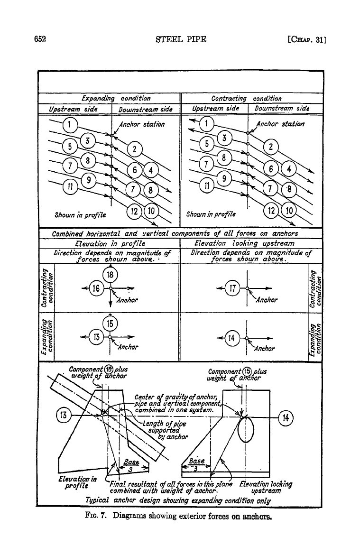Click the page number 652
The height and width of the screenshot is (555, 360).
tap(40, 39)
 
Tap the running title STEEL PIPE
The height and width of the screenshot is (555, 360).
tap(181, 39)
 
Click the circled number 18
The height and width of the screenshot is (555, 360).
tap(110, 275)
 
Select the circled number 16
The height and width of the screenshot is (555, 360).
tap(96, 288)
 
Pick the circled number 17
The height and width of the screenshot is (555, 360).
tap(232, 288)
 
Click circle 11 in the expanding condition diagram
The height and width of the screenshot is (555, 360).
tap(70, 186)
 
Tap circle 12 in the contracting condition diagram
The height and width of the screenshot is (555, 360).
tap(271, 211)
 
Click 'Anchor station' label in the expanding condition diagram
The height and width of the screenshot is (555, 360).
tap(142, 124)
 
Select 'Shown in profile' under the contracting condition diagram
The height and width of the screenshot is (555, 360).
tap(211, 214)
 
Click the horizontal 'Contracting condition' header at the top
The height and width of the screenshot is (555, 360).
tap(246, 98)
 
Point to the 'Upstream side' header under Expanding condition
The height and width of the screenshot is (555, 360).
tap(73, 109)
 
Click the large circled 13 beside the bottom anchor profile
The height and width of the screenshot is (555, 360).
tap(64, 415)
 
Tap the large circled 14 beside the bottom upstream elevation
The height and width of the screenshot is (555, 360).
tap(286, 418)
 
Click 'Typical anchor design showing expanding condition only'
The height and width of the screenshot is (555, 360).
tap(178, 500)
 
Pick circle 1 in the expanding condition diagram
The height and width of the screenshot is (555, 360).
tap(70, 124)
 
